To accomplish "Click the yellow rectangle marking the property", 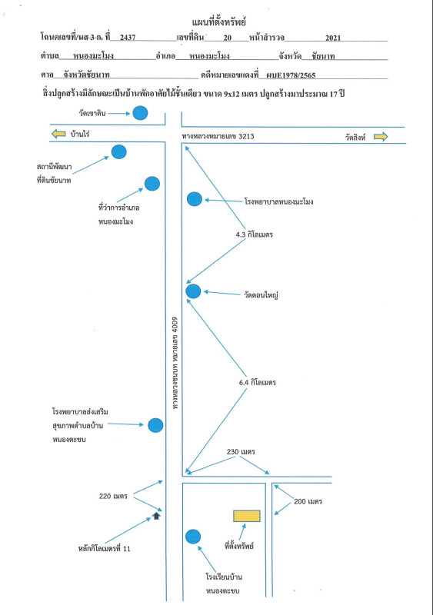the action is tap(247, 516).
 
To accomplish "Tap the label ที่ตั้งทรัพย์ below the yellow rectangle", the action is tap(239, 545).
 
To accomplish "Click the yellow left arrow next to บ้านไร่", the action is tap(58, 134).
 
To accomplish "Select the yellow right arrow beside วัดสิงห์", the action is tap(381, 137).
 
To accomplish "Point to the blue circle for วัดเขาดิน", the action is tap(140, 113).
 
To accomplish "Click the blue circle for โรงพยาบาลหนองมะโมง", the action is tap(195, 199).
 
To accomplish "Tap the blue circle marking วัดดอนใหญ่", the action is tap(193, 291).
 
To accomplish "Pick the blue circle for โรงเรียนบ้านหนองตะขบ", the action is tap(193, 537).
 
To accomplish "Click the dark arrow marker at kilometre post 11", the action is tap(156, 516).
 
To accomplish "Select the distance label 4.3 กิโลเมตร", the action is tap(255, 234).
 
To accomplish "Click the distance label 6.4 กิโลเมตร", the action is tap(258, 382).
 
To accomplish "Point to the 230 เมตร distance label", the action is tap(241, 452).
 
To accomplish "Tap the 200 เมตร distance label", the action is tap(308, 501).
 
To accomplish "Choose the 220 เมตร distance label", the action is tap(113, 496).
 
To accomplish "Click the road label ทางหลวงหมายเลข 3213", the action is tap(218, 136).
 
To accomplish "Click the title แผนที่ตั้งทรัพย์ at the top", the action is tap(219, 22).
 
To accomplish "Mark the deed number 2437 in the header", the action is tap(128, 37).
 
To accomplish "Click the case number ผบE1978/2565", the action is tap(291, 75).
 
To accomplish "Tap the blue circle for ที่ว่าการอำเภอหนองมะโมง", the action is tap(152, 184).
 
